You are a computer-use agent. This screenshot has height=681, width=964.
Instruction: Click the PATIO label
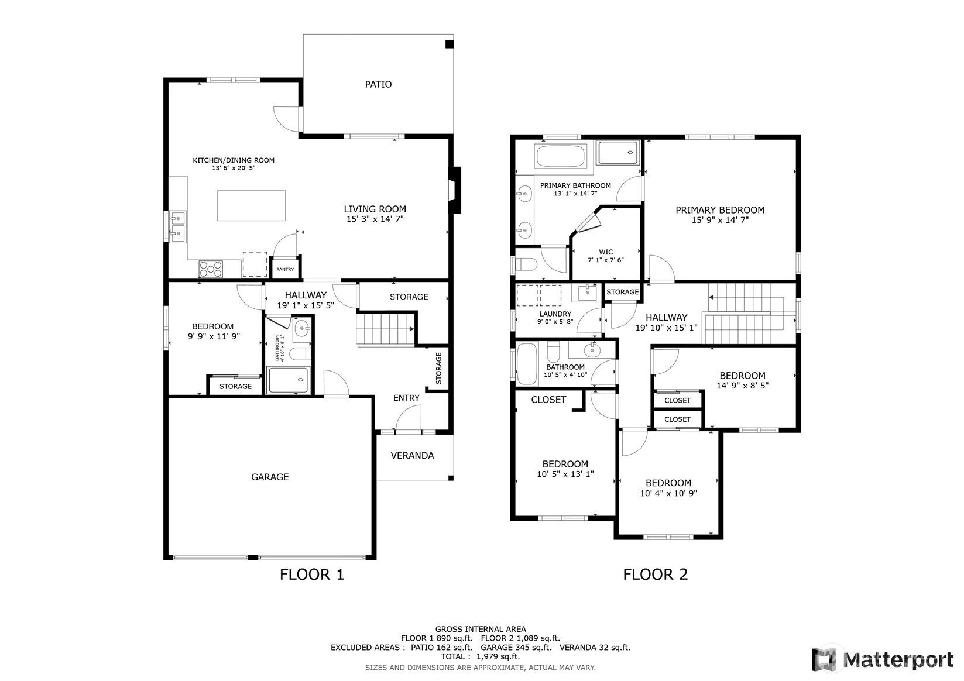coord(378,84)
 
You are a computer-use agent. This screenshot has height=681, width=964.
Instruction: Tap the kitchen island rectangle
coord(251,205)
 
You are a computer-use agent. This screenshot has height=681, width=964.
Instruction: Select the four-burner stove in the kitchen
coord(211,269)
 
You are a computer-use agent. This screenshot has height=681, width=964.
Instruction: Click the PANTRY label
coord(285,269)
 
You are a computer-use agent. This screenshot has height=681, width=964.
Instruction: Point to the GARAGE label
coord(270,477)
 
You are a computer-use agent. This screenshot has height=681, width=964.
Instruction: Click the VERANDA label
coord(412,456)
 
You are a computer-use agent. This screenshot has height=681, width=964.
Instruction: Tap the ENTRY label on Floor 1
coord(406,398)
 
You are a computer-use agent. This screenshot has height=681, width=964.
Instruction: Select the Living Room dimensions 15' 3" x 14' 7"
coord(375,219)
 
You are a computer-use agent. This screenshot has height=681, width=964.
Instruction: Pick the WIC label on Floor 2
coord(606,252)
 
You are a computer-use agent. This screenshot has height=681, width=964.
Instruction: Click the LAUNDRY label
coord(555,314)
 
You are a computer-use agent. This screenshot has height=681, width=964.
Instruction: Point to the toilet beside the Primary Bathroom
coord(526,264)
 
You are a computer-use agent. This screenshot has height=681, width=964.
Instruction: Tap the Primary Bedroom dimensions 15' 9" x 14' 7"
coord(720,220)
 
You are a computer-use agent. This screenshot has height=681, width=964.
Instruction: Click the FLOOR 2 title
coord(656,575)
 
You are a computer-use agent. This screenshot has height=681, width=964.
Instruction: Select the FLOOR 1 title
coord(312,575)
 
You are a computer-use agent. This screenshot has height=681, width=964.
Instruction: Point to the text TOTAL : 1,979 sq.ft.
coord(481,656)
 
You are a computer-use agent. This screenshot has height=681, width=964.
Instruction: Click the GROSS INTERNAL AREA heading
coord(481,629)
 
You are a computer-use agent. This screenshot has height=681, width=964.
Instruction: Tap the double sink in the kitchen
coord(177,227)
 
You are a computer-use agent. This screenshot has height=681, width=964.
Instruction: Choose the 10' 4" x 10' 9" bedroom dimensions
coord(668,493)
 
